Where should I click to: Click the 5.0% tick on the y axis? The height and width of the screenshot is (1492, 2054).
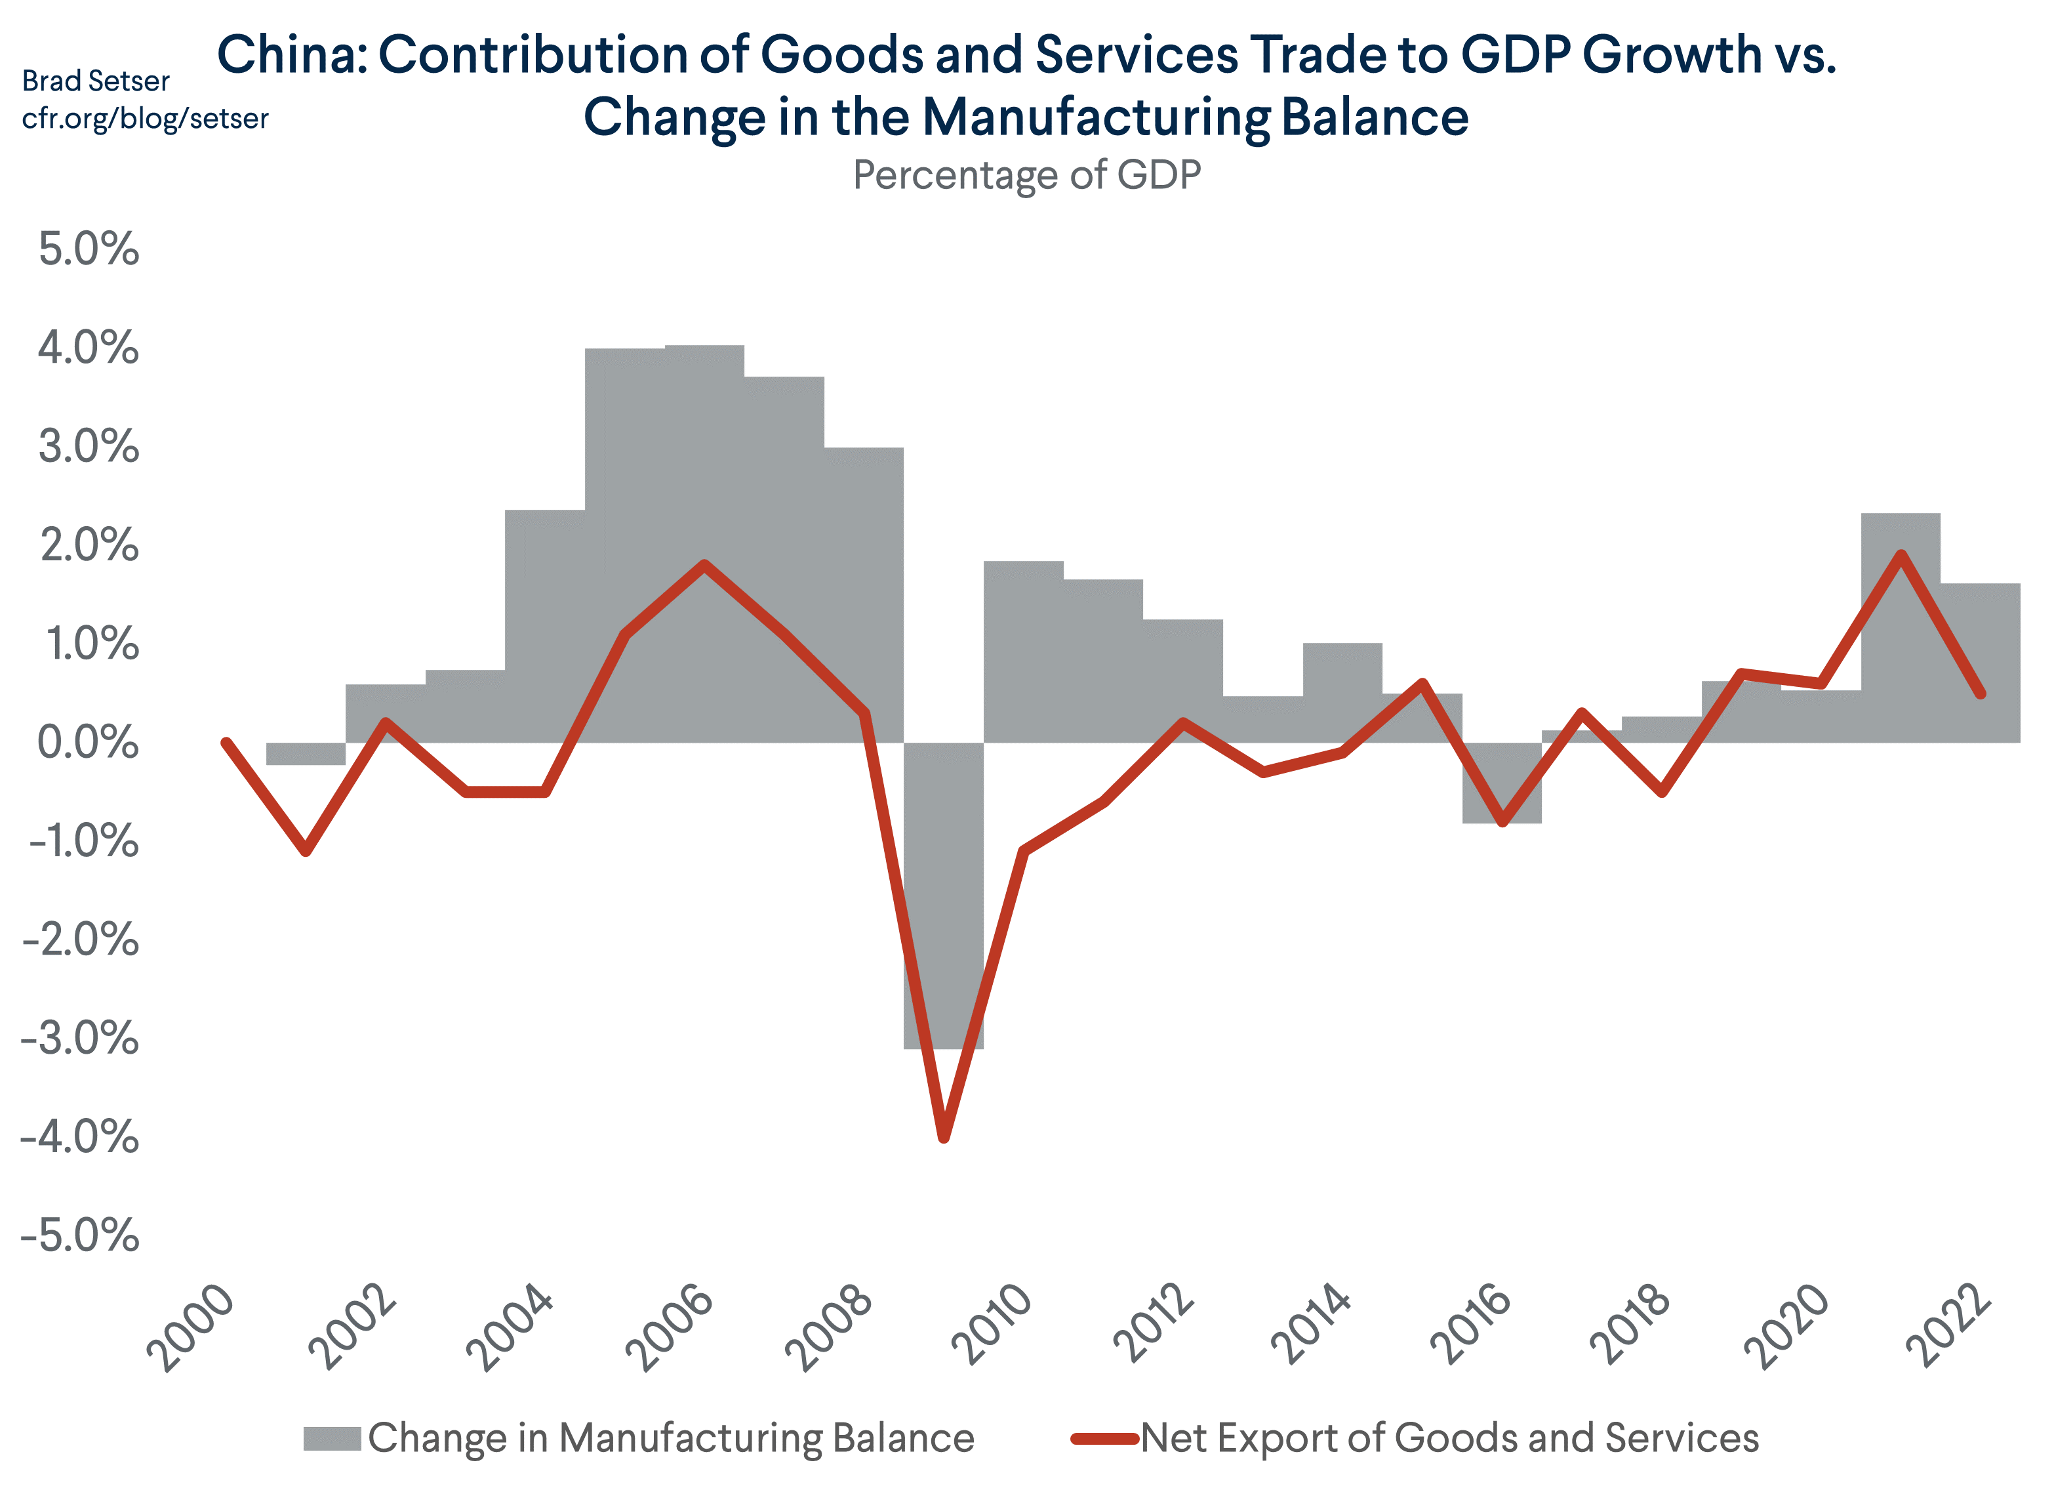(x=89, y=250)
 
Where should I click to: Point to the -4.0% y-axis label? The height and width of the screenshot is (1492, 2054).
(x=80, y=1137)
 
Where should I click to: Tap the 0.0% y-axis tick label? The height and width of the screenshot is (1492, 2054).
(x=89, y=744)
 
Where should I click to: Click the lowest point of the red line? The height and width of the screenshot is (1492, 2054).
(x=944, y=1137)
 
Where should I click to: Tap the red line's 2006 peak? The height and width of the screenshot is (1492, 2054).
(x=704, y=566)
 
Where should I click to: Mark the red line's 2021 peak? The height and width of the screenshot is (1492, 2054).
(x=1901, y=554)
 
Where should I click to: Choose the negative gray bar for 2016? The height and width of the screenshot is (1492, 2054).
(x=1502, y=783)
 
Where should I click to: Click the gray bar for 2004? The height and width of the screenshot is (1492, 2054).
(x=544, y=625)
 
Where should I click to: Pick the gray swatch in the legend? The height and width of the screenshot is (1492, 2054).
(x=331, y=1438)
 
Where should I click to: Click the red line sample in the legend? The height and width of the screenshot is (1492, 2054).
(x=1104, y=1438)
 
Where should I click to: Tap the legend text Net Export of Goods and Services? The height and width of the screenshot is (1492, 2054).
(x=1449, y=1438)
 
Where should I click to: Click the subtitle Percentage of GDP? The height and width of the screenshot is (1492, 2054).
(x=1026, y=175)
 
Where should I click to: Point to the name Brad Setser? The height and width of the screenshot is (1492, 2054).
(x=95, y=81)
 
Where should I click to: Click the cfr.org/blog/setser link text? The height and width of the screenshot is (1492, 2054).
(x=145, y=119)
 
